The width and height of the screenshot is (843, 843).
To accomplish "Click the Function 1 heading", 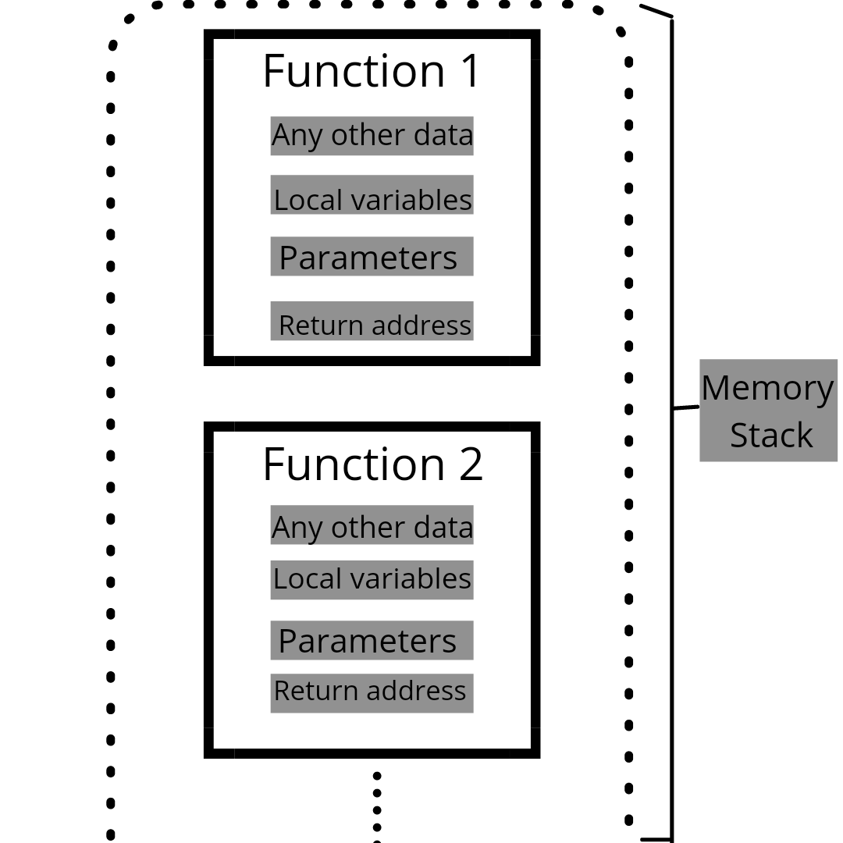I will pos(372,71).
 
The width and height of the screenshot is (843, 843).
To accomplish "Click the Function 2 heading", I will pos(372,464).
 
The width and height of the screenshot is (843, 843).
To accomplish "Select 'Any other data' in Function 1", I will pos(372,136).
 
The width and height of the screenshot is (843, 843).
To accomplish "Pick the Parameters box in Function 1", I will pos(372,257).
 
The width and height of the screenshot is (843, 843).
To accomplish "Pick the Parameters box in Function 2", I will pos(372,640).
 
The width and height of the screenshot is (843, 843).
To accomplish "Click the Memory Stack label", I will pos(768,411).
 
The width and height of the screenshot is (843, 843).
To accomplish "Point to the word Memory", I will pos(767,388).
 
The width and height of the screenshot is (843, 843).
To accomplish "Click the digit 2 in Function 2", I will pos(471,464).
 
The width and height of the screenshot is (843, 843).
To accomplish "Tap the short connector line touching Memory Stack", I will pos(686,407).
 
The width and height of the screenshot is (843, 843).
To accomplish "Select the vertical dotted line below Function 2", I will pos(377,808).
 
